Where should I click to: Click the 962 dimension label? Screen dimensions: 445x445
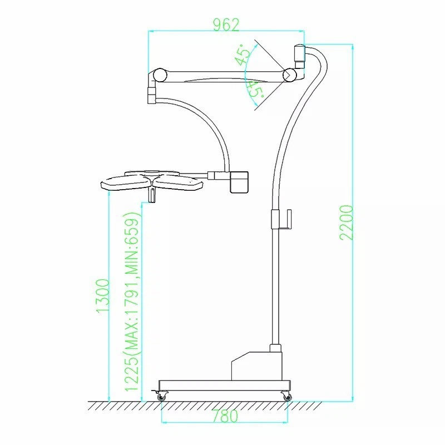click(226, 24)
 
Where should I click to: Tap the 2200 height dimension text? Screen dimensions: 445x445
click(347, 223)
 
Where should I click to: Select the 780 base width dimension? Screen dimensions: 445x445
click(225, 416)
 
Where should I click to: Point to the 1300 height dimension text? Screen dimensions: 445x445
click(103, 296)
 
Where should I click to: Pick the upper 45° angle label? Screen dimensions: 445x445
click(242, 55)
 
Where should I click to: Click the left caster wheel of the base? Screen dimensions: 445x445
click(162, 395)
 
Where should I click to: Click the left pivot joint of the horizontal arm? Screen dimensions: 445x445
click(160, 75)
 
